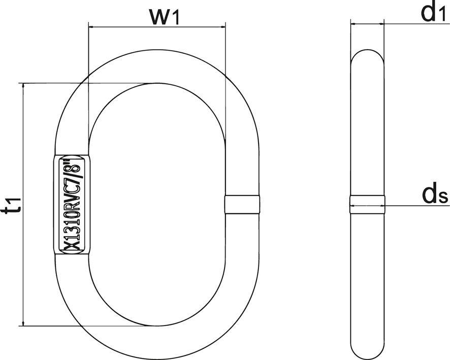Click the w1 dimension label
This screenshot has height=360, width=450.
[x=165, y=17]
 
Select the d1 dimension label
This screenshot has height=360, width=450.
[x=429, y=13]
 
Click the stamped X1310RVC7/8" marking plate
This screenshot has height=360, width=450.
[x=72, y=205]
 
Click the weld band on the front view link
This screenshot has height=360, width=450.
[x=242, y=205]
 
